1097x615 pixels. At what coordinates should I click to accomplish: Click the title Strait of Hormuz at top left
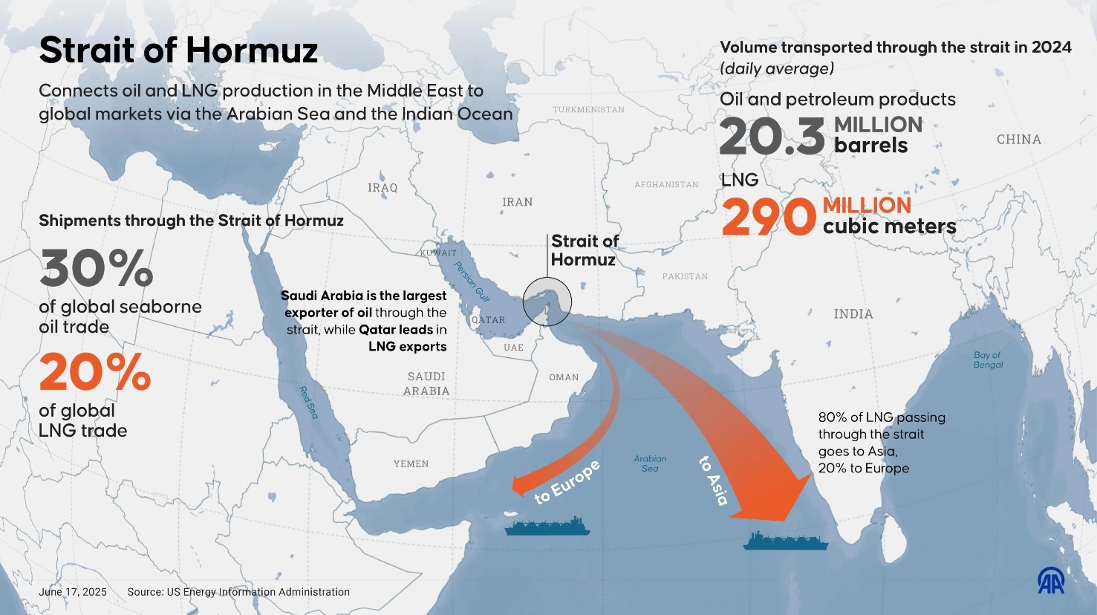pos(178,51)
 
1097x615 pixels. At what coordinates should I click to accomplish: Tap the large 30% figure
pos(97,268)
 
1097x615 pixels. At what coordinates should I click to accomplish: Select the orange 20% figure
pos(95,372)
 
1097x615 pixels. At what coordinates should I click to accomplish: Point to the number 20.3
pos(772,137)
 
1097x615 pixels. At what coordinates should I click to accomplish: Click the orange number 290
pos(769,218)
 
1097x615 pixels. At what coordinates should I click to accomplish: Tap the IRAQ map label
pos(383,188)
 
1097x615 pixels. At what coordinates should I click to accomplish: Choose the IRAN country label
pos(517,202)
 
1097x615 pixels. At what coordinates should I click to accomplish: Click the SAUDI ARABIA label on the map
pos(426,384)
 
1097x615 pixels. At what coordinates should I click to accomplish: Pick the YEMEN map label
pos(411,464)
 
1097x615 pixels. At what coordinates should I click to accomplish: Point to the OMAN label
pos(564,377)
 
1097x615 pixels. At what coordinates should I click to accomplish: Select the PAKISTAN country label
pos(685,276)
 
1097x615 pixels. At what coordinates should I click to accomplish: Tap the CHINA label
pos(1018,140)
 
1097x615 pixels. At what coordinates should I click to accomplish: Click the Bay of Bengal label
pos(988,359)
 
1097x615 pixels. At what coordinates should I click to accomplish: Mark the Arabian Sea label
pos(650,463)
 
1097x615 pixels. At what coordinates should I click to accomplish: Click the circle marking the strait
pos(547,302)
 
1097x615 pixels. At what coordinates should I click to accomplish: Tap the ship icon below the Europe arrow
pos(547,527)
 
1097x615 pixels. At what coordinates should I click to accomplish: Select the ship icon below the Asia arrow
pos(786,541)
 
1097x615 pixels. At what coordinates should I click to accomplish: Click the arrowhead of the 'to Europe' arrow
pos(522,484)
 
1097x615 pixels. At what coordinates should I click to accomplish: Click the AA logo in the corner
pos(1051,581)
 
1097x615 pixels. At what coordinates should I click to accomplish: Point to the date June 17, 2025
pos(73,592)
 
